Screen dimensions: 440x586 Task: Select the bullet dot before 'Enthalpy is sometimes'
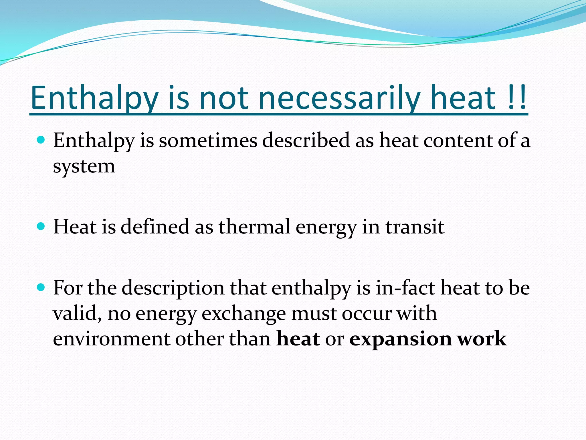point(41,140)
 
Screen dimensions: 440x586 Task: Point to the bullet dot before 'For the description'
point(41,287)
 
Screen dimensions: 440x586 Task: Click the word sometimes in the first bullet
point(208,141)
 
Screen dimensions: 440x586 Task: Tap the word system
point(84,167)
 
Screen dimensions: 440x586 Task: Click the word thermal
point(254,227)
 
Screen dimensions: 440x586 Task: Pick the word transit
point(415,227)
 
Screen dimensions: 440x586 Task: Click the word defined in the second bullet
point(155,227)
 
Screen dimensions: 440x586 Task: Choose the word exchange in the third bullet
point(243,314)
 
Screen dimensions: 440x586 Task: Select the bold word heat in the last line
point(298,339)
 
